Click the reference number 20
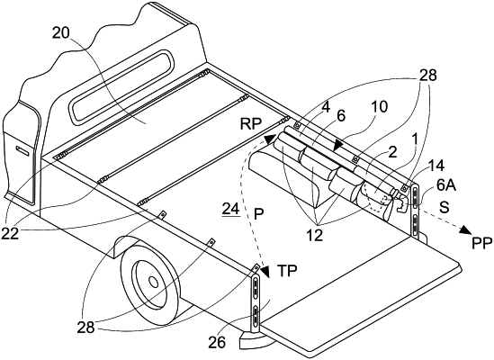(x=61, y=32)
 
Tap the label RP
(x=251, y=124)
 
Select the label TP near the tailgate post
(x=287, y=271)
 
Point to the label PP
(x=482, y=243)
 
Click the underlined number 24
(x=231, y=209)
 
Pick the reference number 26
(x=217, y=342)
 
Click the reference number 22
(x=11, y=233)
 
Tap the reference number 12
(x=316, y=235)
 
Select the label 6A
(x=446, y=186)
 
